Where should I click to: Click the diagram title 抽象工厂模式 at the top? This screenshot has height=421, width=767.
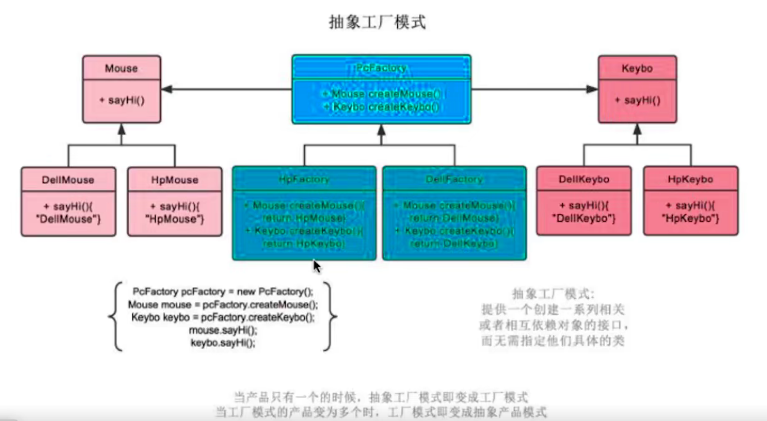[x=377, y=22]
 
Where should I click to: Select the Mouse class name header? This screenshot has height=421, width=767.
[x=121, y=68]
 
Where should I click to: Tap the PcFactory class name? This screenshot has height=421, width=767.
[x=381, y=68]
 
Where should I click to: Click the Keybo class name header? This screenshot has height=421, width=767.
[x=637, y=68]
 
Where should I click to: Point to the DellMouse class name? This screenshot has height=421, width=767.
[x=68, y=180]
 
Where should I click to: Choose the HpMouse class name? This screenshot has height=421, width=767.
[x=175, y=180]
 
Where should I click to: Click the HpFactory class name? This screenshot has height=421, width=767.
[x=304, y=179]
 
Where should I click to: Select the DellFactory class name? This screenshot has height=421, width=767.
[x=455, y=179]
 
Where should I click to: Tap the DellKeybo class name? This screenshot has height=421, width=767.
[x=584, y=179]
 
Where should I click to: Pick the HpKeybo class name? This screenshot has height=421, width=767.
[x=690, y=179]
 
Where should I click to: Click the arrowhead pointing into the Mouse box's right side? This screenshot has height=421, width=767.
[x=167, y=89]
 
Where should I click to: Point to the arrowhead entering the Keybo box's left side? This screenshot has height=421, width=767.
[x=592, y=89]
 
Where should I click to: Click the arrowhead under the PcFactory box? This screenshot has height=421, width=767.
[x=382, y=129]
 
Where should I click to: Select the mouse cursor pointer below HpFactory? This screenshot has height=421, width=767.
[x=317, y=266]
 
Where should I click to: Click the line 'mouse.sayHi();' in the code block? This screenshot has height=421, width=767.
[x=223, y=330]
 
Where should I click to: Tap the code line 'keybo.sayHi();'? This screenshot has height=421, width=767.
[x=223, y=343]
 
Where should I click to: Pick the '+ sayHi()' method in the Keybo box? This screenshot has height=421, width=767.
[x=637, y=100]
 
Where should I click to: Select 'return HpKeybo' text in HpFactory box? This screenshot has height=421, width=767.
[x=304, y=243]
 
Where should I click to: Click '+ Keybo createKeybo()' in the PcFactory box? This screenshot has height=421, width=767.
[x=381, y=107]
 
